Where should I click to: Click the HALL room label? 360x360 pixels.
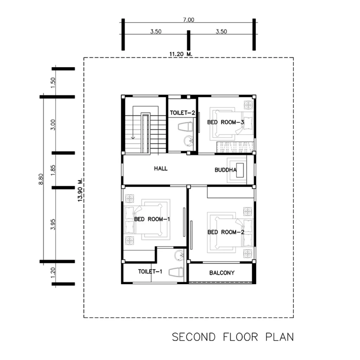[161, 168]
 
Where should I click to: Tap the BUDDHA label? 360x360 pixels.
[225, 170]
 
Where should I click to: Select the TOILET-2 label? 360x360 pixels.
[182, 113]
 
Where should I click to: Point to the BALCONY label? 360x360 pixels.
[222, 273]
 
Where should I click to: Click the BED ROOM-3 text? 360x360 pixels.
[225, 122]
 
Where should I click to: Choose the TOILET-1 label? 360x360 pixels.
[150, 272]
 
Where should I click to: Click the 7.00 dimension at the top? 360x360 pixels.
[188, 20]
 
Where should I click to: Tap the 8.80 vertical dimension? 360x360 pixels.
[41, 179]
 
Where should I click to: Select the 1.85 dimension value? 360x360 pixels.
[53, 170]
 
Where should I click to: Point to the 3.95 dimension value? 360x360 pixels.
[53, 224]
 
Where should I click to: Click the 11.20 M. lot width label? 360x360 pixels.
[181, 54]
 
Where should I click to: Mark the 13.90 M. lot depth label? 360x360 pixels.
[80, 190]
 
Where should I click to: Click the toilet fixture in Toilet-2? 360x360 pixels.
[186, 127]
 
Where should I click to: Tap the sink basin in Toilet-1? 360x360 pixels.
[179, 255]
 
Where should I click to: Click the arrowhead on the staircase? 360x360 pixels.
[133, 138]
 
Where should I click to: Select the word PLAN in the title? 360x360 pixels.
[279, 337]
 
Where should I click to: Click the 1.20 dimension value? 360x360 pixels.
[53, 272]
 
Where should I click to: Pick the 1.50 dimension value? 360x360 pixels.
[53, 83]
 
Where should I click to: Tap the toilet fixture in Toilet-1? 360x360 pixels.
[176, 272]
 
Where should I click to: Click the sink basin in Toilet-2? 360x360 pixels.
[188, 141]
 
